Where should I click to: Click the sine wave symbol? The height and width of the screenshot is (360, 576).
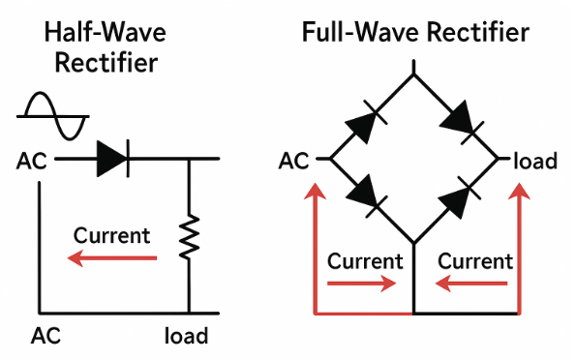click(x=53, y=116)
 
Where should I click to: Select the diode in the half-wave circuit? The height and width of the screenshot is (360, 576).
click(x=112, y=159)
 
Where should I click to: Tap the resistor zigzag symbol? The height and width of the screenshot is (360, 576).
click(x=189, y=236)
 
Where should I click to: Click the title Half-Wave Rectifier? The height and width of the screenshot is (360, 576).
click(x=106, y=47)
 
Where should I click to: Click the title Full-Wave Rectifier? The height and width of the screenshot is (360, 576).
click(x=415, y=32)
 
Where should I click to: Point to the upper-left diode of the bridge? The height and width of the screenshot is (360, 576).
click(x=366, y=122)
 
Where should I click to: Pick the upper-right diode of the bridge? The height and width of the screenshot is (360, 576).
click(x=462, y=122)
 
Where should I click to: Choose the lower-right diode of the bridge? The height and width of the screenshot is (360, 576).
click(x=459, y=196)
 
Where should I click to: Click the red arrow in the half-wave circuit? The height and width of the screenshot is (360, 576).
click(x=112, y=258)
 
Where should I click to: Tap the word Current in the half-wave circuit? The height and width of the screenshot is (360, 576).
click(x=111, y=235)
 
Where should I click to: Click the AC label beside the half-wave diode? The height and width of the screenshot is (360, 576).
click(x=32, y=161)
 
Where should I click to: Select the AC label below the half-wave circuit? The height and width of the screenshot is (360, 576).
click(x=45, y=336)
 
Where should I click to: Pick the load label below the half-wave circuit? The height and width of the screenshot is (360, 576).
click(x=186, y=336)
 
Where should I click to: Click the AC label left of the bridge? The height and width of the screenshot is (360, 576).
click(x=294, y=161)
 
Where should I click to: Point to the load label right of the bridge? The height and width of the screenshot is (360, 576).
click(x=535, y=161)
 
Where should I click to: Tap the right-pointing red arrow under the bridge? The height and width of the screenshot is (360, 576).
click(x=362, y=284)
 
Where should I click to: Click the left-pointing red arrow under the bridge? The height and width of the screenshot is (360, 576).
click(x=471, y=284)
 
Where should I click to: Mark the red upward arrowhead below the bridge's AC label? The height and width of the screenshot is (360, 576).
click(x=316, y=191)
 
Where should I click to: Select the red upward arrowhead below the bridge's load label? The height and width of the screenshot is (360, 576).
click(x=519, y=191)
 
